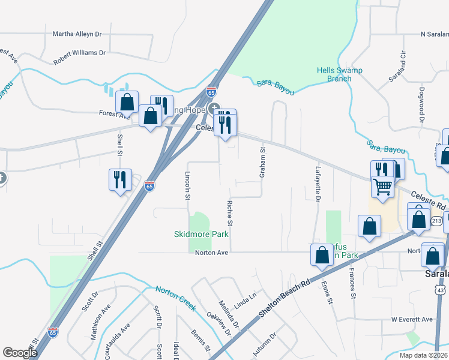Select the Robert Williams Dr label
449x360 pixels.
click(79, 53)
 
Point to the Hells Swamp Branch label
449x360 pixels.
click(343, 74)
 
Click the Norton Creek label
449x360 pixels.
click(175, 298)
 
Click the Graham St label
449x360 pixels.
click(262, 163)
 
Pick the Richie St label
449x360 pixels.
click(230, 214)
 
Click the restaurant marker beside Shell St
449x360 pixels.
click(119, 179)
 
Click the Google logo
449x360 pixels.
click(20, 353)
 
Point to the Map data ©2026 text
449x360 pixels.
click(423, 355)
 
